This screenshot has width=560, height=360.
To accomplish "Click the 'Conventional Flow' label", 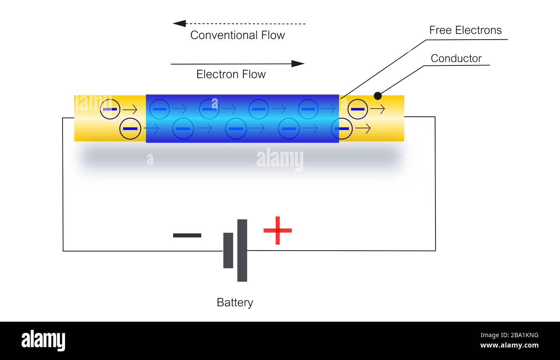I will (x=237, y=35).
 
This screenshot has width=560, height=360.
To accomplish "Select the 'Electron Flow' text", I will (x=231, y=74).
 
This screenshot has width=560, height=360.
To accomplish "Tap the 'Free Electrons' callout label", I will (x=465, y=30).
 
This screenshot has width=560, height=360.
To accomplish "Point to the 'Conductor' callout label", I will (x=456, y=59).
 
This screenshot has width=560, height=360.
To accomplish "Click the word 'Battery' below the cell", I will (x=235, y=303).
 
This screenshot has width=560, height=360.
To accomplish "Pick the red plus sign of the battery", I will (x=277, y=230).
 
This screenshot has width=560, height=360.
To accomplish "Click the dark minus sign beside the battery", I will (x=187, y=235).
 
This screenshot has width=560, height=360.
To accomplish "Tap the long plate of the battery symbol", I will (x=242, y=250).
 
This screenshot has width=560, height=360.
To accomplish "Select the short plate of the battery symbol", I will (x=228, y=250).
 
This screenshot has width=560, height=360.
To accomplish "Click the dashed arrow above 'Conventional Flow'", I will (x=239, y=24).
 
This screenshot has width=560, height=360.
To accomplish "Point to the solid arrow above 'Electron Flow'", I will (x=237, y=64).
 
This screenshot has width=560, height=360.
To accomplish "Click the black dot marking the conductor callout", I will (x=378, y=96).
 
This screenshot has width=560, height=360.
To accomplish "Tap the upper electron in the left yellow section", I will (x=110, y=109).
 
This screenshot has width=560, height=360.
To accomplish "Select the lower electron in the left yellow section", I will (x=130, y=128).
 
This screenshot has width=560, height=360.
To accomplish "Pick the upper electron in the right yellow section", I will (x=358, y=109).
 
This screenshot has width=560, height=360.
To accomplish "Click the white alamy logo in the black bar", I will (x=43, y=340).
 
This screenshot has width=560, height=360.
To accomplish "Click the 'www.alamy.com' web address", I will (x=509, y=345).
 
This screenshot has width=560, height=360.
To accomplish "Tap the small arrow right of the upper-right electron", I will (x=377, y=109).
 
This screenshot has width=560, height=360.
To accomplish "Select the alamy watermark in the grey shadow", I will (x=280, y=159).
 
